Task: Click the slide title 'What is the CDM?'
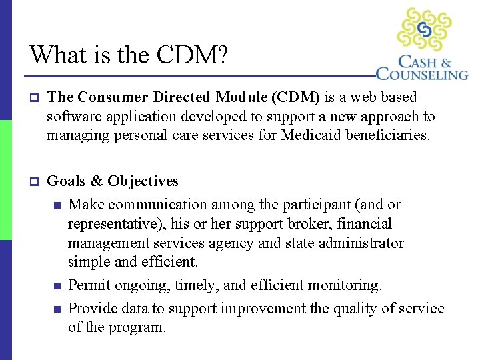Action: click(129, 55)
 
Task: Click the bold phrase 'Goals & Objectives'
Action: click(113, 181)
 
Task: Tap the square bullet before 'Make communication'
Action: click(58, 205)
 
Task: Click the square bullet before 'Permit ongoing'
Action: click(58, 286)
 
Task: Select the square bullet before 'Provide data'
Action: click(58, 309)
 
